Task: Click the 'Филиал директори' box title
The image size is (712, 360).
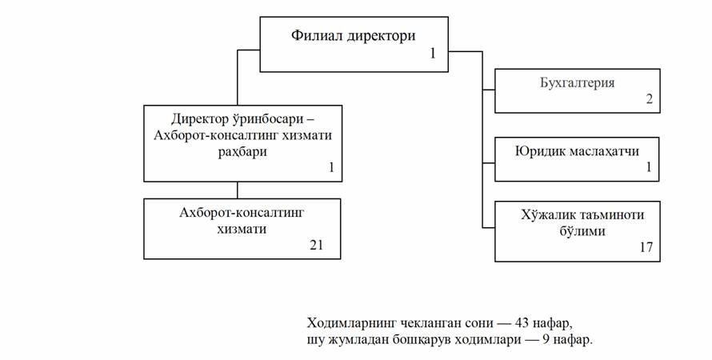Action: point(354,35)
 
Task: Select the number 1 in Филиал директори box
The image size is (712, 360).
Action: point(433,54)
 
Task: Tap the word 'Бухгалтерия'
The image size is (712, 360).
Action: point(577,83)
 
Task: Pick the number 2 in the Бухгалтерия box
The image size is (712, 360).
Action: point(650,98)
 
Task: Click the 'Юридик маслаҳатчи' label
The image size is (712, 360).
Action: point(577,150)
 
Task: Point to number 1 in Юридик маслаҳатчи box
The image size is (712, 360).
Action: point(649,167)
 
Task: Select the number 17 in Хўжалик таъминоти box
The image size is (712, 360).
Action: point(646,247)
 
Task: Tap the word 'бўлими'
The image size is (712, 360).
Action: point(582,231)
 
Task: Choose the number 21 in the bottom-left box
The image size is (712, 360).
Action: point(317,245)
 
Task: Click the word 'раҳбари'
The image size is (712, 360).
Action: point(242,152)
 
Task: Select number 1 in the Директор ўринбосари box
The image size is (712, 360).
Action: point(331,167)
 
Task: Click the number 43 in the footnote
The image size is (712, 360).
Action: point(522,323)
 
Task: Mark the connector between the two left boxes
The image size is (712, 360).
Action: point(237,190)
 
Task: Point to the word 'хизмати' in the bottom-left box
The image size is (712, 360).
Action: point(242,229)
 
